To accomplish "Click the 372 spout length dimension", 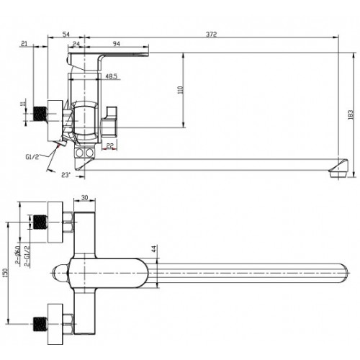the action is (x=211, y=35).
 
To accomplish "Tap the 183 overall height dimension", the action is (x=351, y=115).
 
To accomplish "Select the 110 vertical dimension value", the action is (x=181, y=90).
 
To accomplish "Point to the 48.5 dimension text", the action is (x=112, y=76).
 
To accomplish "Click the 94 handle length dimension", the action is (x=117, y=44).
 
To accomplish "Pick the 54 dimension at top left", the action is (x=66, y=35).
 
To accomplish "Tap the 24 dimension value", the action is (x=76, y=44).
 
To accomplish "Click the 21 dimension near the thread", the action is (x=24, y=43).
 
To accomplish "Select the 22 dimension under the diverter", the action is (x=109, y=145).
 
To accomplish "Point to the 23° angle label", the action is (x=66, y=175).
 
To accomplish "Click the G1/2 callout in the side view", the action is (x=32, y=157).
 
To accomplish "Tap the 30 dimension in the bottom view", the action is (x=85, y=197).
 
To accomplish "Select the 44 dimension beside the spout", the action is (x=154, y=249).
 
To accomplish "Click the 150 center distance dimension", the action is (x=5, y=273).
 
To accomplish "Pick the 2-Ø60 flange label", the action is (x=18, y=255).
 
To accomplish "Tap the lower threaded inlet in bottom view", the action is (x=40, y=325).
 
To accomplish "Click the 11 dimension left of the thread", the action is (x=23, y=104).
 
